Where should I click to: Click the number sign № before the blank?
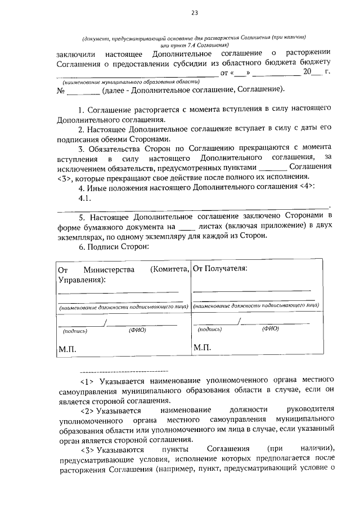point(62,90)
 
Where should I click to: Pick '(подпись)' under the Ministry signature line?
point(74,331)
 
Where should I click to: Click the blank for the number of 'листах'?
point(186,226)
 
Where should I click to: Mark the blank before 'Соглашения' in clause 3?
point(272,167)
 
